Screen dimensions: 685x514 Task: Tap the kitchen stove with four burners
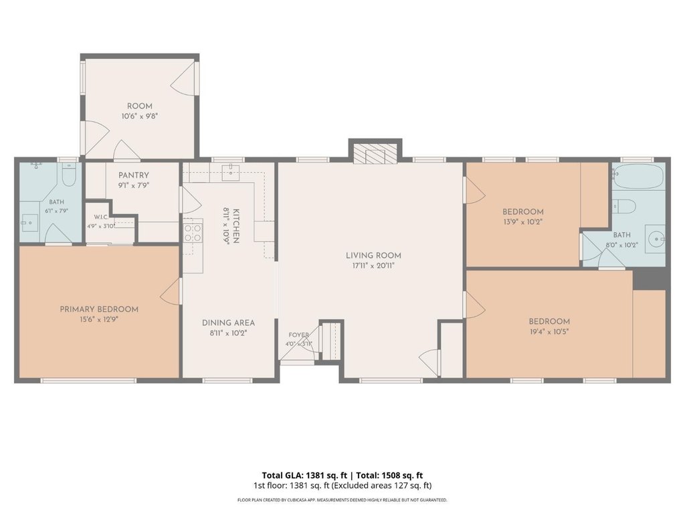[x=193, y=232]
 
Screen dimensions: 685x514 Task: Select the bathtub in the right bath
[x=638, y=177]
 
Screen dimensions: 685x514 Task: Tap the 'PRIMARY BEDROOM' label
[x=99, y=309]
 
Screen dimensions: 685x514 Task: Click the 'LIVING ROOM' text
[x=373, y=255]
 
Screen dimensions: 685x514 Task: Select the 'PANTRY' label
[x=134, y=175]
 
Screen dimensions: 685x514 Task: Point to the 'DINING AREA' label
[x=228, y=323]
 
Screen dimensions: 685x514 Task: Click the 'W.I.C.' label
[x=101, y=218]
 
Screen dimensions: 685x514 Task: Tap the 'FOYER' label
[x=299, y=335]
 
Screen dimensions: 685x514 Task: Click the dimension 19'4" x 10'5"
[x=549, y=332]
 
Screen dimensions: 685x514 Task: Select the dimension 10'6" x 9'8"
[x=139, y=116]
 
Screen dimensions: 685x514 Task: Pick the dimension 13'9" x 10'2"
[x=523, y=222]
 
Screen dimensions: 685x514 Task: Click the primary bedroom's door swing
[x=171, y=291]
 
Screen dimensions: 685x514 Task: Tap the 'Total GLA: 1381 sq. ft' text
[x=304, y=475]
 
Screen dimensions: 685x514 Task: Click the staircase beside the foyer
[x=331, y=341]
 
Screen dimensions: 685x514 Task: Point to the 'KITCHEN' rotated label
[x=236, y=226]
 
